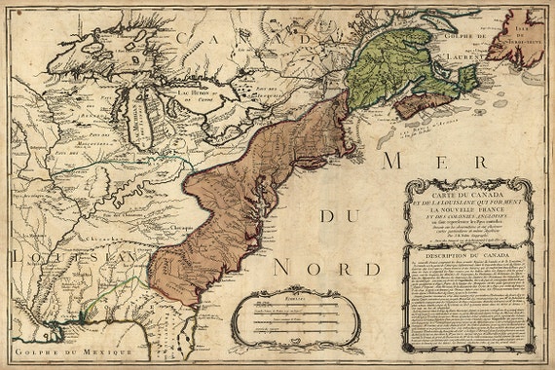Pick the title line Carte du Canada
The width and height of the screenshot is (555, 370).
pyautogui.click(x=468, y=191)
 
